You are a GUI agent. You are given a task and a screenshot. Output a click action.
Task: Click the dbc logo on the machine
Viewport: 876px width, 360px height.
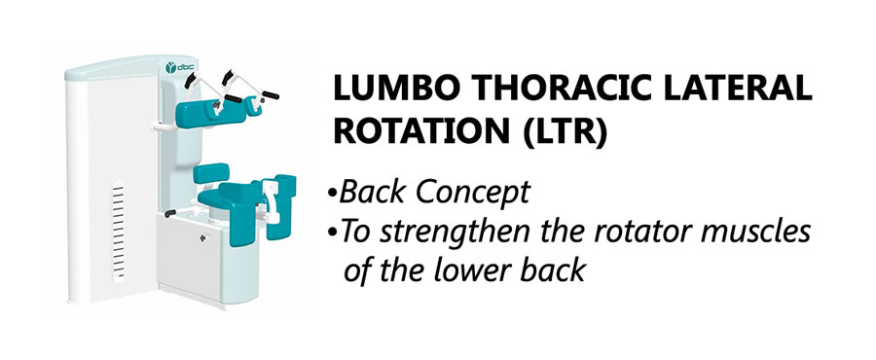tap(179, 68)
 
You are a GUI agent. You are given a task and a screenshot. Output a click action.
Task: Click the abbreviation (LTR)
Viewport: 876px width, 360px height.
tap(566, 135)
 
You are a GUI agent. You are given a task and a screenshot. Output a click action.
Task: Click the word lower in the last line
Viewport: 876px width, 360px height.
tap(474, 270)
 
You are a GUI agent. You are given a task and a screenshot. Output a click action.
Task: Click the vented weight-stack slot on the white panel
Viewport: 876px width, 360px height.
tap(119, 230)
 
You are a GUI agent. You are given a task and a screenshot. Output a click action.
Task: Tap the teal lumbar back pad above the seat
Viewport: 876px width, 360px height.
tap(211, 173)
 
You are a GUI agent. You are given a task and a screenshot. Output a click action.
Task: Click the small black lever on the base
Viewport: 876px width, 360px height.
tap(170, 213)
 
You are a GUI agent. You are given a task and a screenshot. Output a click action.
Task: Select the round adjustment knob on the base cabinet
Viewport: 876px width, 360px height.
tap(202, 237)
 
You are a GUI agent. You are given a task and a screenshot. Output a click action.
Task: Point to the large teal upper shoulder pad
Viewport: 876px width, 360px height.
tap(210, 112)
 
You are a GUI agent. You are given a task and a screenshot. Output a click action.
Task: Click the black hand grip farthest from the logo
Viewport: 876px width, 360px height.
tap(271, 94)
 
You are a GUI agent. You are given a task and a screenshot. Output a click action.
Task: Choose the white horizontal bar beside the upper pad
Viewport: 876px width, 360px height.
tap(164, 127)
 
